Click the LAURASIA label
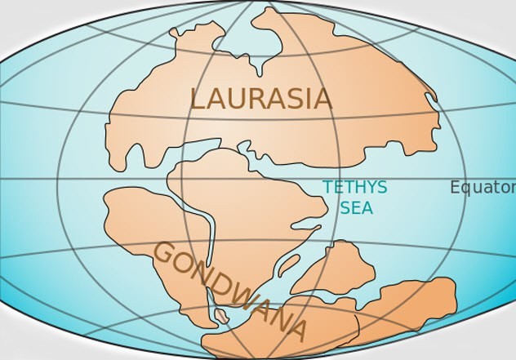click(x=260, y=99)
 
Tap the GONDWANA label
click(x=231, y=290)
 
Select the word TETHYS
click(x=354, y=188)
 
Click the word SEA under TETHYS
click(x=356, y=208)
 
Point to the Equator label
click(x=482, y=188)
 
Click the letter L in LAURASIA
click(x=197, y=99)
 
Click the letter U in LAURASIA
click(x=234, y=99)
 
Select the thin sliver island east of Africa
click(x=288, y=264)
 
